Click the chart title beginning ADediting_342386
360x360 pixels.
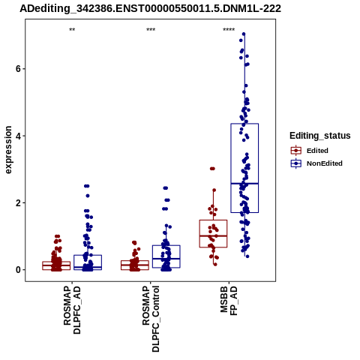click(150, 9)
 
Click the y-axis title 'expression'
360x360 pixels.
click(8, 150)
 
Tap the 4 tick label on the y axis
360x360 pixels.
click(18, 136)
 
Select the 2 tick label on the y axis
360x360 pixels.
click(18, 203)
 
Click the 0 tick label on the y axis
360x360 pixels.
click(18, 270)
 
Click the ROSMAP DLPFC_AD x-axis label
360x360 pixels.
click(72, 310)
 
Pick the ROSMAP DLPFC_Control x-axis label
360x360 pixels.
click(151, 319)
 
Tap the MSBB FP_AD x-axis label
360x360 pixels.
click(229, 301)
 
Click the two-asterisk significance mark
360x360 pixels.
click(72, 30)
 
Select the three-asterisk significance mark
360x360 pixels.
click(151, 30)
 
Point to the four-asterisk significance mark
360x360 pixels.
click(229, 30)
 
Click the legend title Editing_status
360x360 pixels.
click(320, 136)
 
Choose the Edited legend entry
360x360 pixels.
click(310, 151)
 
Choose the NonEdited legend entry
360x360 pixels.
click(316, 163)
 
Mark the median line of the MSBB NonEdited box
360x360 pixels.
click(244, 184)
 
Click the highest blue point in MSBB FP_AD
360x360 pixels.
click(244, 34)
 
